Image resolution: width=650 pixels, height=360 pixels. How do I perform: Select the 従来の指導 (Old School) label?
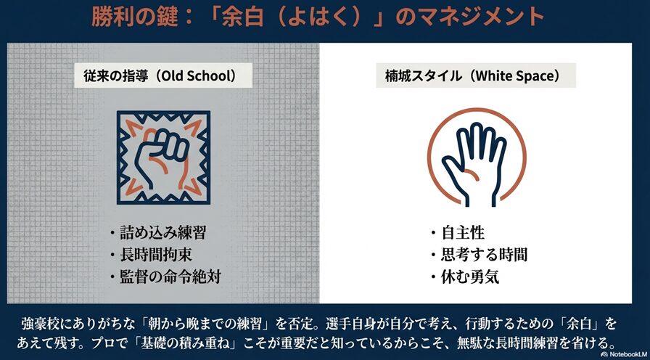pyautogui.click(x=159, y=75)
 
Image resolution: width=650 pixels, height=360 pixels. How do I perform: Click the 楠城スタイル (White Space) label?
pyautogui.click(x=475, y=75)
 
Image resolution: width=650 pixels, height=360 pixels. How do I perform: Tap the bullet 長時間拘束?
pyautogui.click(x=158, y=255)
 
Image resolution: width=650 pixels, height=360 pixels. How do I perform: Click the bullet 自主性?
pyautogui.click(x=463, y=233)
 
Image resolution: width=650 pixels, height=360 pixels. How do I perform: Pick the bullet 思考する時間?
pyautogui.click(x=484, y=255)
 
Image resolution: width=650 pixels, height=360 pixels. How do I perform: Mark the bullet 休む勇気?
pyautogui.click(x=473, y=277)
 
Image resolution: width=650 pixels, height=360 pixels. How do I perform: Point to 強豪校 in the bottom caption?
pyautogui.click(x=44, y=322)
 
